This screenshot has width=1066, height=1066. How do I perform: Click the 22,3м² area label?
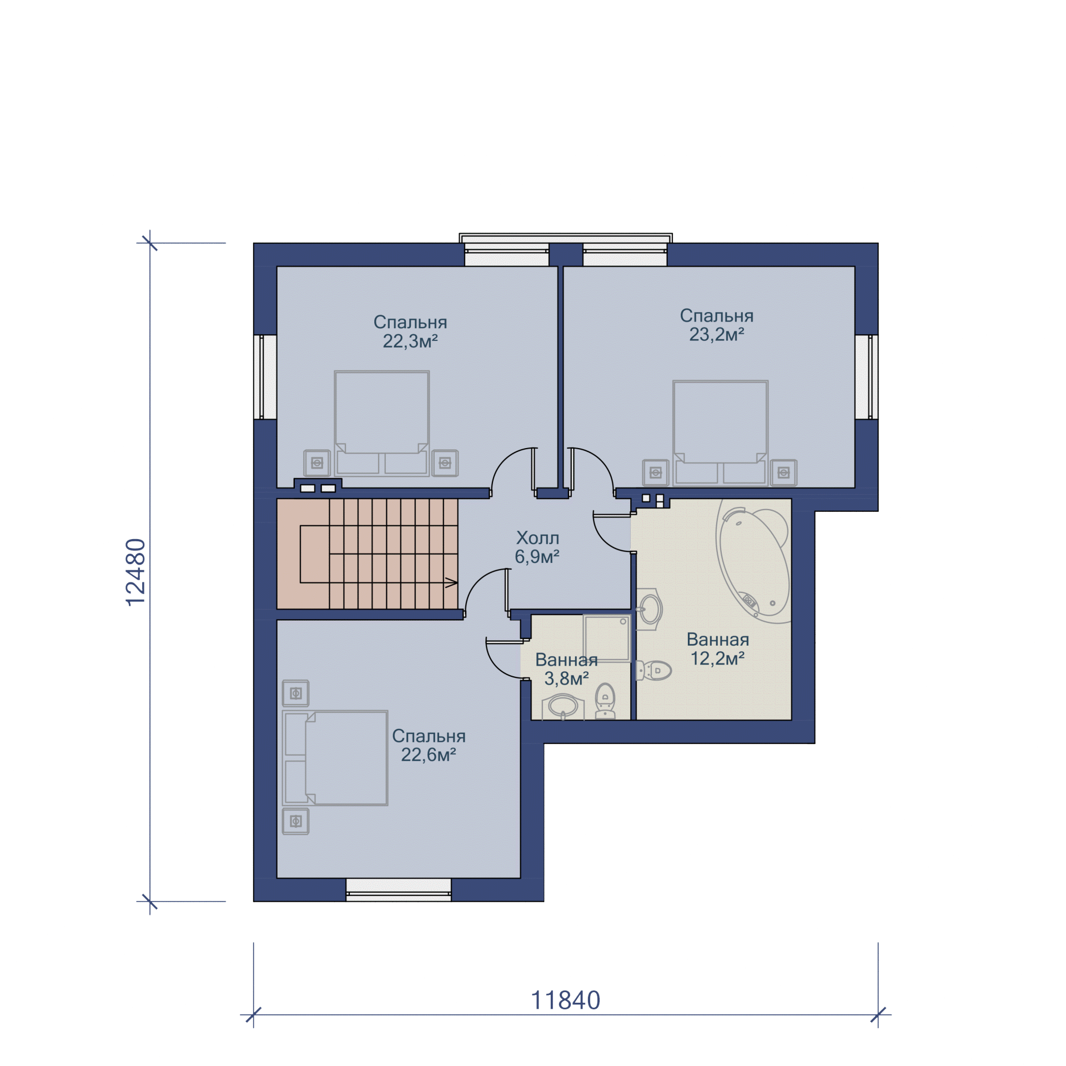pyautogui.click(x=410, y=341)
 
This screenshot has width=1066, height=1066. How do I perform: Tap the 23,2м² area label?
pyautogui.click(x=717, y=334)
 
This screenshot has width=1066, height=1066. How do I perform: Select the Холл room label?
pyautogui.click(x=537, y=537)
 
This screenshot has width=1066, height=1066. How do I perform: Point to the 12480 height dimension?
pyautogui.click(x=135, y=572)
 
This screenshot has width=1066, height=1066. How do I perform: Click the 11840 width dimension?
pyautogui.click(x=566, y=1000)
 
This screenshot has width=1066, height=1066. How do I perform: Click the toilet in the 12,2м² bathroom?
pyautogui.click(x=653, y=670)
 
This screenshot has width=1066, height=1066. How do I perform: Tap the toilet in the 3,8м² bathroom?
pyautogui.click(x=605, y=701)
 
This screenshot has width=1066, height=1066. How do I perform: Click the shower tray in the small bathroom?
pyautogui.click(x=607, y=638)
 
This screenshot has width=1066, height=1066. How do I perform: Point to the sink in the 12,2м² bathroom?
pyautogui.click(x=649, y=610)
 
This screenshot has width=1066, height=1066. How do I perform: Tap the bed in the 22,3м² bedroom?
pyautogui.click(x=381, y=424)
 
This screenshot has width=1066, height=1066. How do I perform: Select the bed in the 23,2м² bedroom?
pyautogui.click(x=720, y=433)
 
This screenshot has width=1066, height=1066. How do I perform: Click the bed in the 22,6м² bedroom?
pyautogui.click(x=335, y=758)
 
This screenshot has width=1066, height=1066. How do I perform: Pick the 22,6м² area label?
pyautogui.click(x=429, y=755)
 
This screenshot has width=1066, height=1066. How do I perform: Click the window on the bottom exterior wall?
pyautogui.click(x=399, y=889)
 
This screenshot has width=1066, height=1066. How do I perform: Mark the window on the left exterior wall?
pyautogui.click(x=265, y=376)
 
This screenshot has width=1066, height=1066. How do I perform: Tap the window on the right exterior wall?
pyautogui.click(x=866, y=376)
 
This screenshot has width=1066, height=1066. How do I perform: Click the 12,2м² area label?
pyautogui.click(x=717, y=658)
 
